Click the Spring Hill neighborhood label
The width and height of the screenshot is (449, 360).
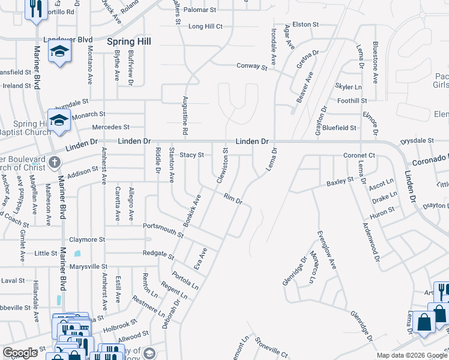(x=128, y=41)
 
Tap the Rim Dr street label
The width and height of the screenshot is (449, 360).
(x=232, y=199)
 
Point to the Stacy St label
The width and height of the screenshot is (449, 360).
(x=192, y=155)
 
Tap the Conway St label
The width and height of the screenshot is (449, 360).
(x=252, y=66)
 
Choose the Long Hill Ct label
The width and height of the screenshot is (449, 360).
(x=205, y=26)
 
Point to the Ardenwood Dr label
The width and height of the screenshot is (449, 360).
(x=371, y=242)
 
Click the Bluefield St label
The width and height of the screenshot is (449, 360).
(x=339, y=128)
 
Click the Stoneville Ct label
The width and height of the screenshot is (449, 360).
(x=271, y=346)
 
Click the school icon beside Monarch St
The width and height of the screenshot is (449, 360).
(x=59, y=119)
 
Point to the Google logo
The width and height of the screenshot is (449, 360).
(x=20, y=353)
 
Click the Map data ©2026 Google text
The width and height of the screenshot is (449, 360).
(x=411, y=355)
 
